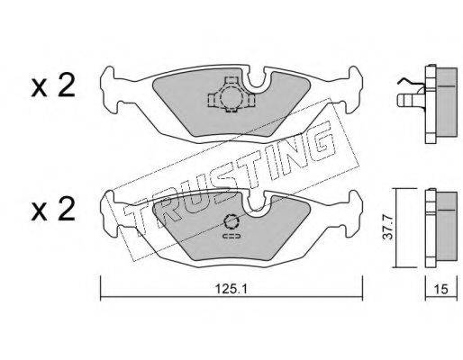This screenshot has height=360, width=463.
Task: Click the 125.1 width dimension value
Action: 231,289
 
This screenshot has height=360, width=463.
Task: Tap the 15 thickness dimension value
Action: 441,289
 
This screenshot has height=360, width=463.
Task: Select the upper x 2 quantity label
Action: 53,86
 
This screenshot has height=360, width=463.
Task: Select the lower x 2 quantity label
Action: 53,210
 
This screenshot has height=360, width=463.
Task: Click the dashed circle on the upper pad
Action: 231,97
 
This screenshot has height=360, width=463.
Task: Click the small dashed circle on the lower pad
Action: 231,222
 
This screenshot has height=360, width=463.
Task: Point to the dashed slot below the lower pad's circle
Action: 231,236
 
